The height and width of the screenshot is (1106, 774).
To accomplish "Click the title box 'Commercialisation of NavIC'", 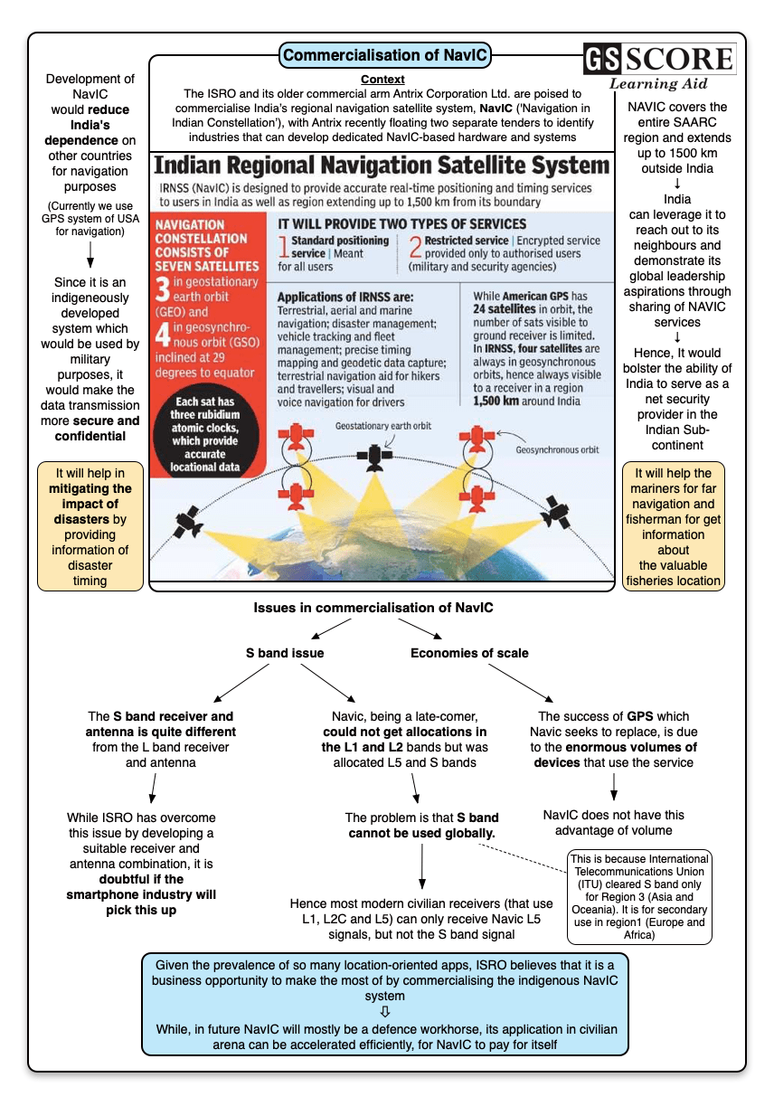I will click(385, 56).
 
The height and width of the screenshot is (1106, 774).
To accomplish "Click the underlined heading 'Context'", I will click(382, 80).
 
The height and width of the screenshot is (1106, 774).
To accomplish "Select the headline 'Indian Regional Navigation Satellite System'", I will click(382, 165).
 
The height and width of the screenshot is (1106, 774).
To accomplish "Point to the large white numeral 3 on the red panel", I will click(163, 289).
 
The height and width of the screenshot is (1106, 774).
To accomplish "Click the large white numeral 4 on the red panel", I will click(163, 336).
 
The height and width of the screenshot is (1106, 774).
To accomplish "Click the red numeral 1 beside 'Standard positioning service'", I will click(283, 247).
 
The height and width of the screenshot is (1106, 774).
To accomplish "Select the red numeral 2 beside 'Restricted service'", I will click(415, 247).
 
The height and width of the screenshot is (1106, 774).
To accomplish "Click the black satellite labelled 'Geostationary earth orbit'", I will click(372, 457).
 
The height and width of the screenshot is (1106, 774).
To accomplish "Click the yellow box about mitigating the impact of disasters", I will click(90, 526).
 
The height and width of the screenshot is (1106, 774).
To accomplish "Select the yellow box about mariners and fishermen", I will click(673, 526).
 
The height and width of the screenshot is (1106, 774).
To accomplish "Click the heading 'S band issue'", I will click(285, 653).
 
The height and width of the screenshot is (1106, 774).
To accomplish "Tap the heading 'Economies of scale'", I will click(469, 653).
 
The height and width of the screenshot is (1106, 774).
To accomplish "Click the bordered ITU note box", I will click(638, 896).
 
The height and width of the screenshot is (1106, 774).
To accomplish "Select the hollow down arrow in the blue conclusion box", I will click(385, 1011).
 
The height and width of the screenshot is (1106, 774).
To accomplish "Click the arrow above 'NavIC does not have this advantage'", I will click(614, 787).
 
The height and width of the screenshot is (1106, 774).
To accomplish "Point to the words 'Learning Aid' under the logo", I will click(657, 84).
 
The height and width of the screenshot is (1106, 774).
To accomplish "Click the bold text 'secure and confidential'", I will click(90, 428).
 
